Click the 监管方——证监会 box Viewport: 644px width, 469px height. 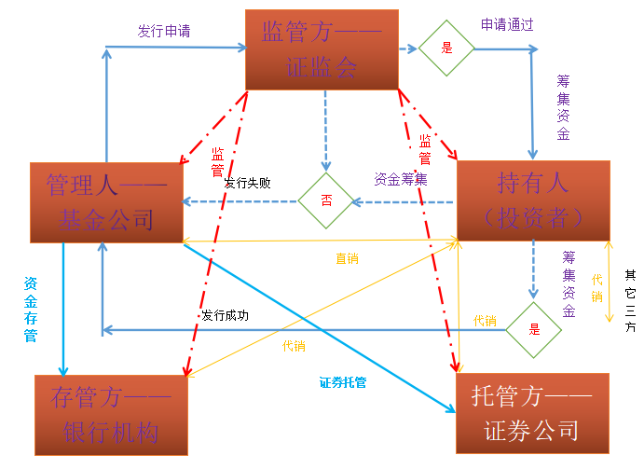[322, 49]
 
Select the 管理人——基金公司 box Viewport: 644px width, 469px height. [106, 201]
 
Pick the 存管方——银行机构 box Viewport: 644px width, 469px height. [111, 415]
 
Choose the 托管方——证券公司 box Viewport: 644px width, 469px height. [532, 413]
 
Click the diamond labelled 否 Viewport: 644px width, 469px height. [326, 200]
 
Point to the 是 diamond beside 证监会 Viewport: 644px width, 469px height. [445, 48]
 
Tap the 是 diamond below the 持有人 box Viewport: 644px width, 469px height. [534, 329]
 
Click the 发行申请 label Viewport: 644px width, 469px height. [164, 31]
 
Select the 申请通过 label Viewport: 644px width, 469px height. [507, 25]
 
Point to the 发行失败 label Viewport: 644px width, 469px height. [247, 184]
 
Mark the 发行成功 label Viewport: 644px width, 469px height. [225, 315]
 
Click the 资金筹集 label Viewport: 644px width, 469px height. [400, 178]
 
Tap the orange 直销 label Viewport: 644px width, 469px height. [347, 258]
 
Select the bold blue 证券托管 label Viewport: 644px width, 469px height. [342, 381]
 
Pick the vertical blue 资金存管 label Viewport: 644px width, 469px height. [31, 309]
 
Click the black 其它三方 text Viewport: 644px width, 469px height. [631, 303]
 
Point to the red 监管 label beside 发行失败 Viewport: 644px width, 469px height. [217, 161]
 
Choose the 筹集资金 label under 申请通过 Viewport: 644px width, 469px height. [563, 107]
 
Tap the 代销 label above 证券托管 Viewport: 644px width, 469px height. [294, 346]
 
